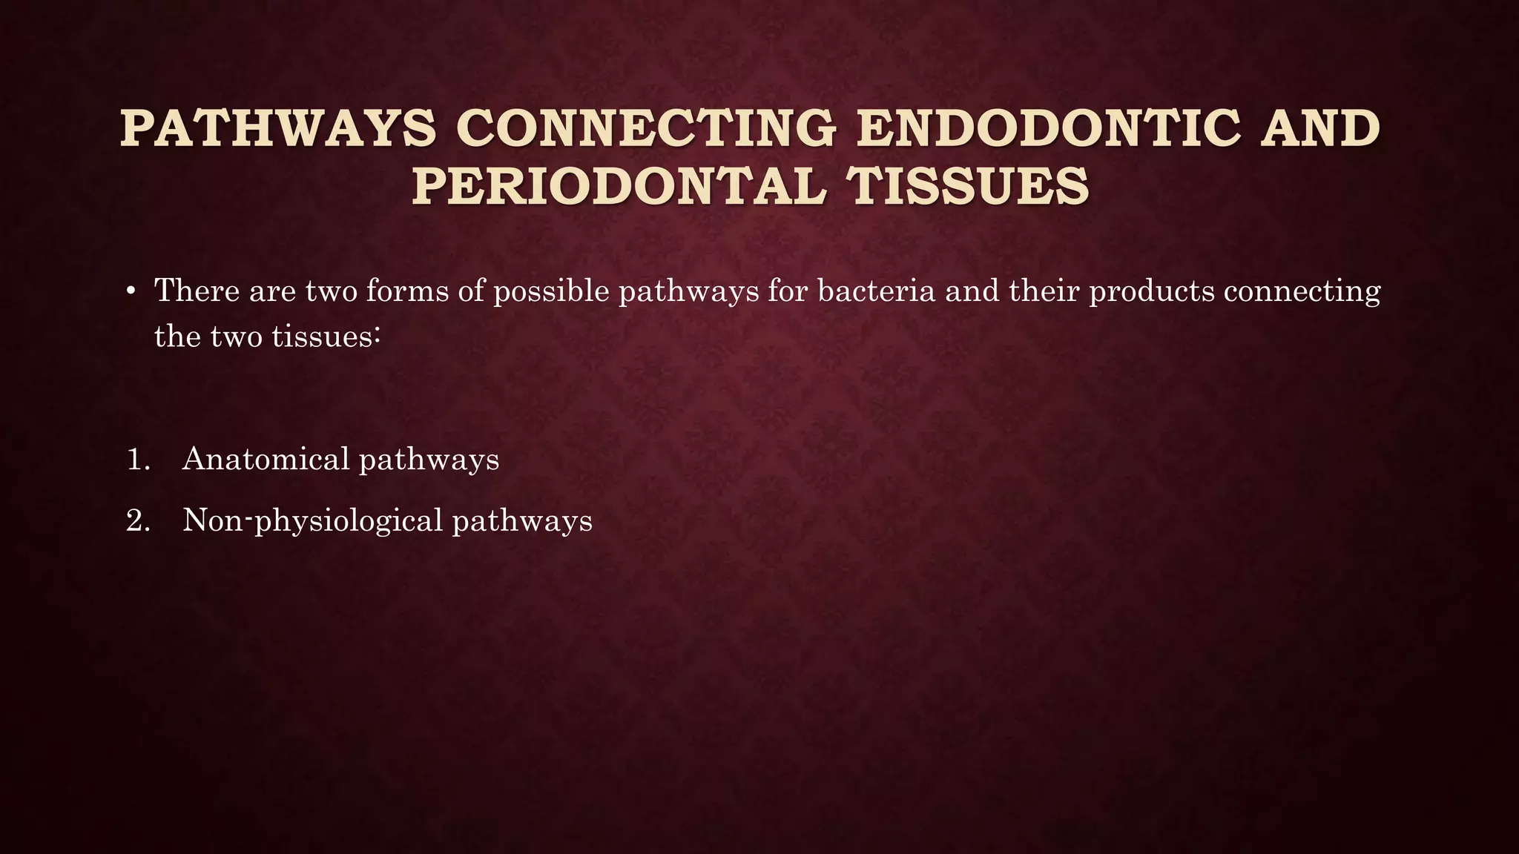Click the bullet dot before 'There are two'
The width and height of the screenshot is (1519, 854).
(131, 291)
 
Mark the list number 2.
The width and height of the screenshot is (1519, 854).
(138, 520)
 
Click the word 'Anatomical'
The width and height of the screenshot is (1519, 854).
(266, 459)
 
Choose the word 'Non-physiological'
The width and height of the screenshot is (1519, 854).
(312, 521)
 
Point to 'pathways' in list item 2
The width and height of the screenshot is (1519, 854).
(522, 521)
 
